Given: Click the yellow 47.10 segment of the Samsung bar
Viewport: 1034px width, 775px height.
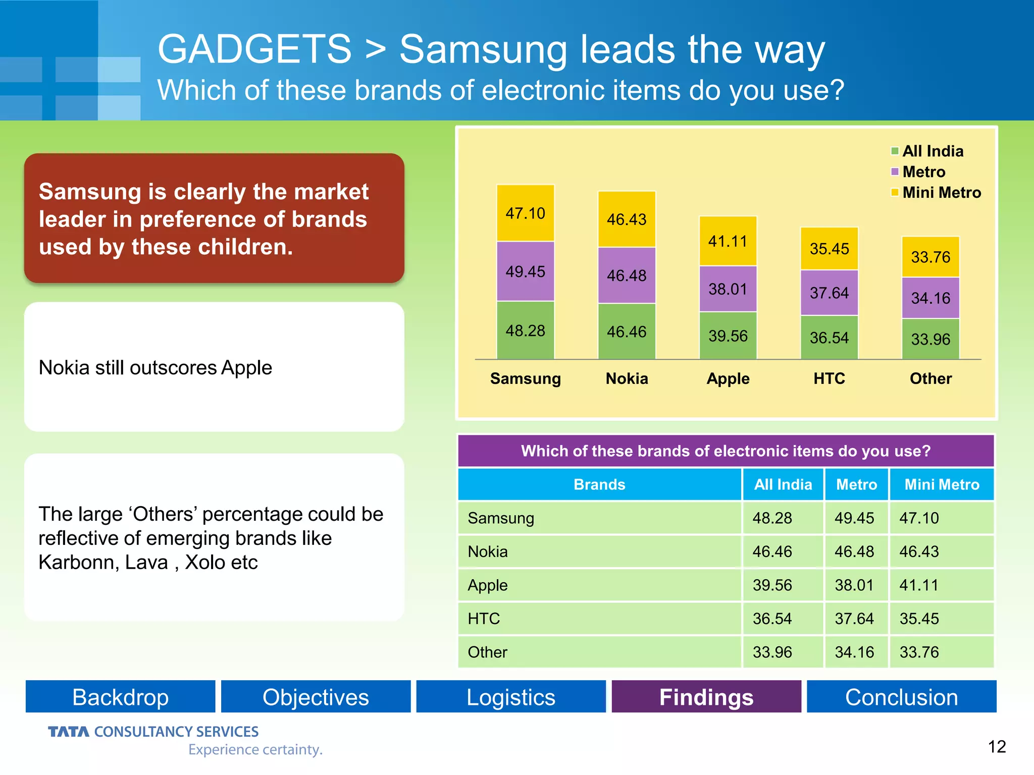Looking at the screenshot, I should [x=525, y=213].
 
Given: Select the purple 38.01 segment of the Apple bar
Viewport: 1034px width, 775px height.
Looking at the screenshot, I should [x=728, y=289].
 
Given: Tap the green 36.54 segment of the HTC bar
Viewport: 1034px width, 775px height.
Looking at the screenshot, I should [x=829, y=337].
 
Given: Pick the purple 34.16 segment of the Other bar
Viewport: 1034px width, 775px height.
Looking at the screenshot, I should [x=930, y=298].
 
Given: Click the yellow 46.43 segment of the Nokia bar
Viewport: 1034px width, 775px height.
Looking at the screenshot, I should [x=627, y=219].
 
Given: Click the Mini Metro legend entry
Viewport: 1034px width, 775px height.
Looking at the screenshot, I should [x=937, y=192].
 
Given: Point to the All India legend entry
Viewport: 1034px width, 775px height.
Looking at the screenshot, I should [x=928, y=151].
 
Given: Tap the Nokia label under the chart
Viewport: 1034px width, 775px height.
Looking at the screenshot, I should [x=627, y=378].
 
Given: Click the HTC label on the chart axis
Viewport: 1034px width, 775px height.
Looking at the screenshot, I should [x=829, y=378].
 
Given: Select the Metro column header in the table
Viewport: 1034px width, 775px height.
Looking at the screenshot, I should [x=856, y=484].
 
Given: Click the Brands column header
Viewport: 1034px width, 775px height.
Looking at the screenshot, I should [x=599, y=484].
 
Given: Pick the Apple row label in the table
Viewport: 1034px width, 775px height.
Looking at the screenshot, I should [x=488, y=585].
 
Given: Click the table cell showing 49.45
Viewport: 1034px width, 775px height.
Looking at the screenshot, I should [x=854, y=518].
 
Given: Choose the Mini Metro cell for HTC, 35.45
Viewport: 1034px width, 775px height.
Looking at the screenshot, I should [x=919, y=619].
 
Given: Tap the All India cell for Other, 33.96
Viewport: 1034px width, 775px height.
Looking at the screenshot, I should [x=772, y=652].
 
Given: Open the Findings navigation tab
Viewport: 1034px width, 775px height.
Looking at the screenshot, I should [x=706, y=697].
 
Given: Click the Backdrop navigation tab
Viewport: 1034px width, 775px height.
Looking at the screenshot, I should [x=120, y=697].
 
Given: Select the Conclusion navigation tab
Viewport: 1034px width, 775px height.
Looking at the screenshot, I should [x=901, y=697].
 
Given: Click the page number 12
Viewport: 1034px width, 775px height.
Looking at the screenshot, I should [x=997, y=746].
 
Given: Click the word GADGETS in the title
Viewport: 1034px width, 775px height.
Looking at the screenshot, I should [x=254, y=49].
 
